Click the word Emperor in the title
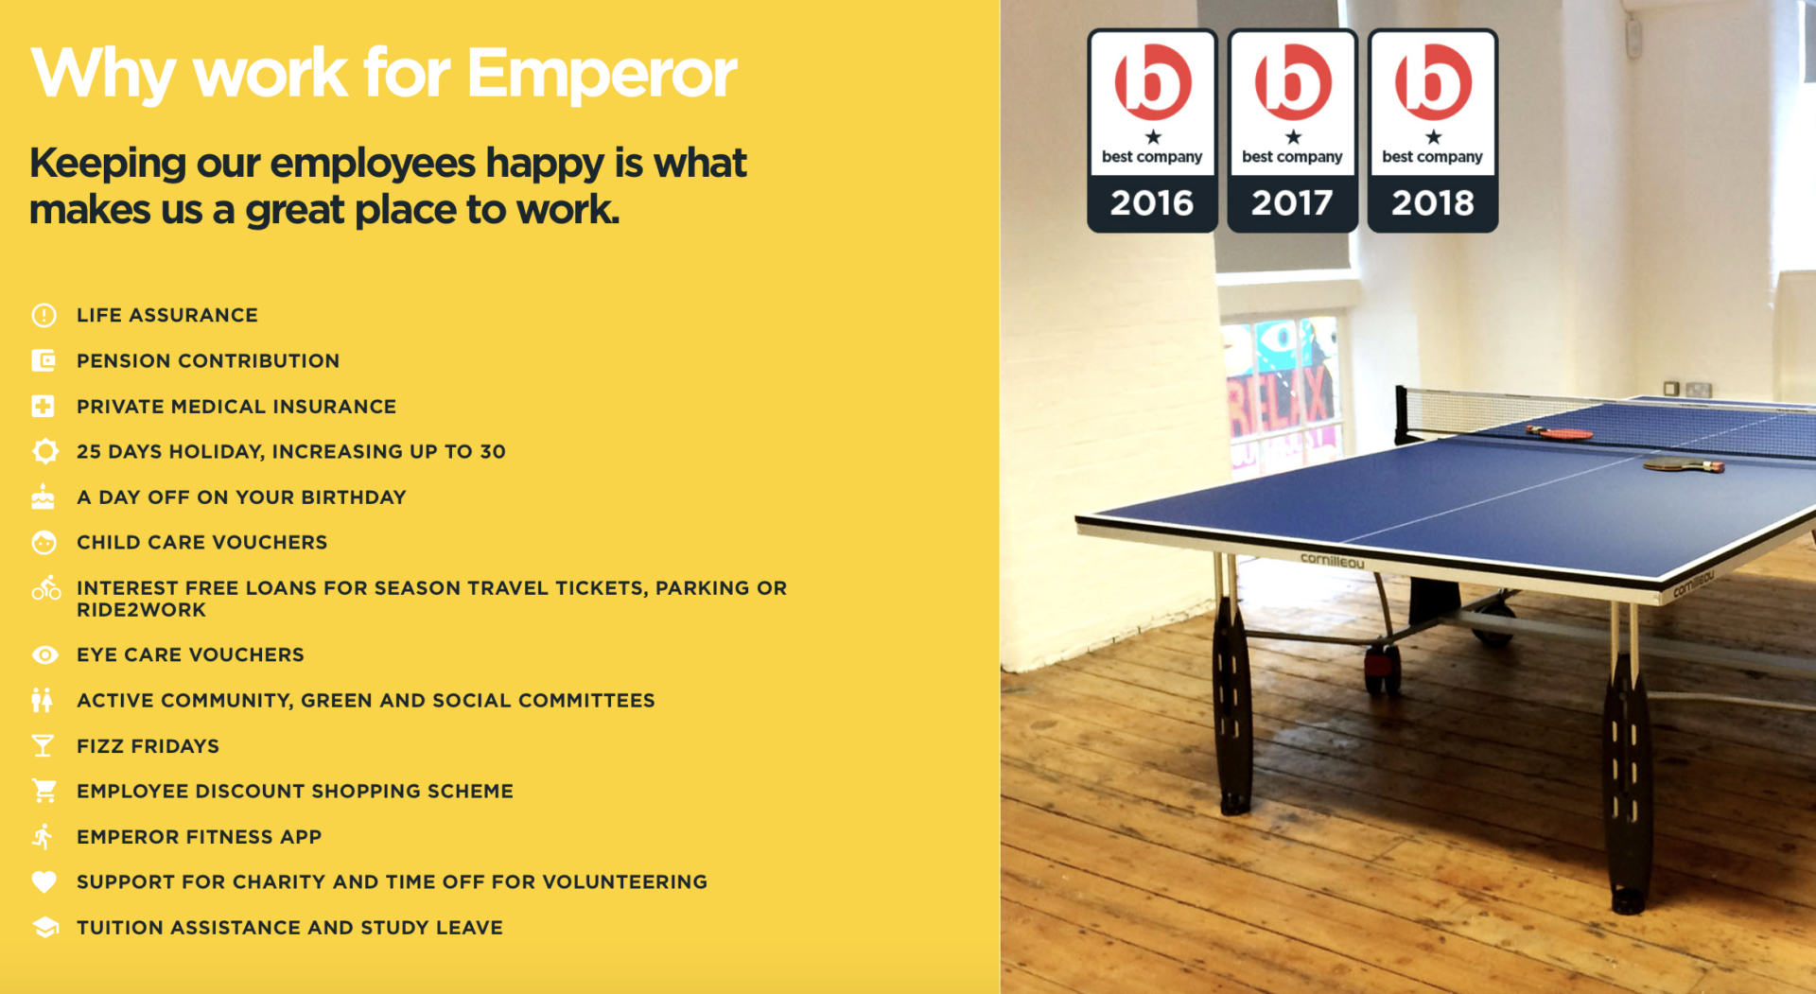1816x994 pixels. pyautogui.click(x=602, y=73)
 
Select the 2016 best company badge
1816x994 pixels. pyautogui.click(x=1152, y=131)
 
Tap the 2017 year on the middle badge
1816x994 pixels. pyautogui.click(x=1292, y=202)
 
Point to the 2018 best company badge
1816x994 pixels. pyautogui.click(x=1433, y=131)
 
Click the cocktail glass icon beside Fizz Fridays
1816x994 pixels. pyautogui.click(x=43, y=746)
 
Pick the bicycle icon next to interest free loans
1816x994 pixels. pyautogui.click(x=45, y=588)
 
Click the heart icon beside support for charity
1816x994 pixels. pyautogui.click(x=44, y=881)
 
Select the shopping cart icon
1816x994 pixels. pyautogui.click(x=44, y=791)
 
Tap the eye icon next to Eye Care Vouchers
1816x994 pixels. pyautogui.click(x=44, y=654)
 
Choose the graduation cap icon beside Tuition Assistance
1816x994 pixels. pyautogui.click(x=44, y=927)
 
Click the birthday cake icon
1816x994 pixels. pyautogui.click(x=43, y=497)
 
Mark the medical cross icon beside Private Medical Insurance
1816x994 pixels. pyautogui.click(x=43, y=407)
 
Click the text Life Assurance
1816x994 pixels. pyautogui.click(x=167, y=315)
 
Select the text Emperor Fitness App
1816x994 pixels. pyautogui.click(x=199, y=837)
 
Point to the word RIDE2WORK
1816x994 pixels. pyautogui.click(x=141, y=610)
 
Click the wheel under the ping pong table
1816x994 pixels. pyautogui.click(x=1382, y=668)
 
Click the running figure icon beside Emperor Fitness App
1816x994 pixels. pyautogui.click(x=43, y=836)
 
